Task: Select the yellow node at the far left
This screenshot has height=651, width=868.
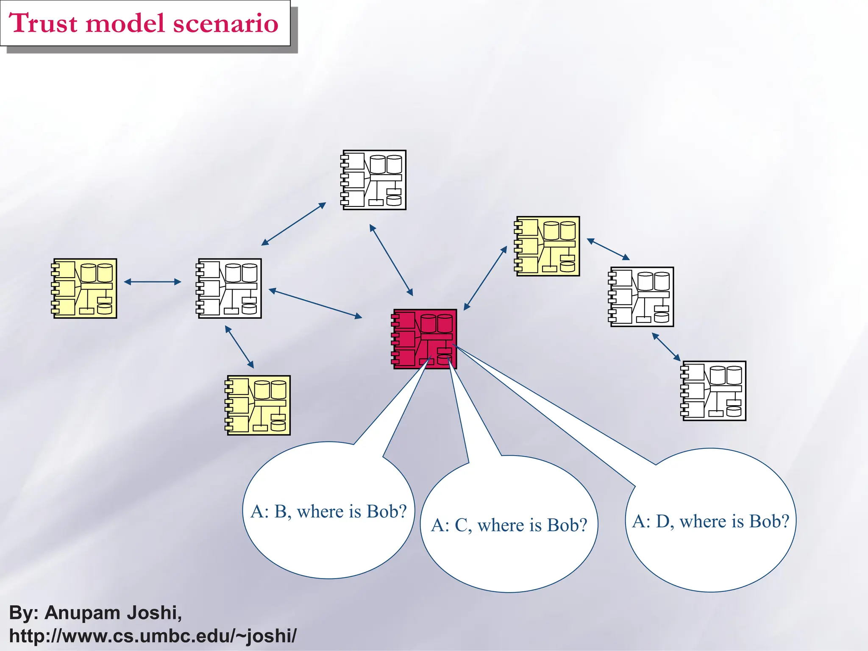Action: [84, 288]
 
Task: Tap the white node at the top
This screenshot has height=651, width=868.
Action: [374, 180]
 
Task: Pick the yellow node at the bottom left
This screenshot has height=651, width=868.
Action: [258, 405]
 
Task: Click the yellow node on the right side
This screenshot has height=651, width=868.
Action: [547, 246]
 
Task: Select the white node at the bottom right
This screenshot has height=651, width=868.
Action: [713, 391]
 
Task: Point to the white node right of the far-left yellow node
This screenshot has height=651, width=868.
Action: [229, 288]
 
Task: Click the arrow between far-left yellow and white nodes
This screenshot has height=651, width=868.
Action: [153, 282]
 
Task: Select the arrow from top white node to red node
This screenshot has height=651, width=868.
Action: [391, 260]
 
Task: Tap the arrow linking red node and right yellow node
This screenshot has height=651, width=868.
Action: [485, 278]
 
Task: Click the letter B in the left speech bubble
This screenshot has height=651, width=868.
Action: [281, 512]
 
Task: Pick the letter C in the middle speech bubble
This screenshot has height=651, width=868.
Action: [461, 526]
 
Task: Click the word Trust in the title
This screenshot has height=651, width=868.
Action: [43, 23]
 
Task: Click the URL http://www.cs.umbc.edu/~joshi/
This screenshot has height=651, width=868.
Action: [153, 636]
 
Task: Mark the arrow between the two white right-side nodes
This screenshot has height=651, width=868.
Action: [666, 347]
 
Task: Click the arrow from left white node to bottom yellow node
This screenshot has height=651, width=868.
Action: [239, 347]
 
